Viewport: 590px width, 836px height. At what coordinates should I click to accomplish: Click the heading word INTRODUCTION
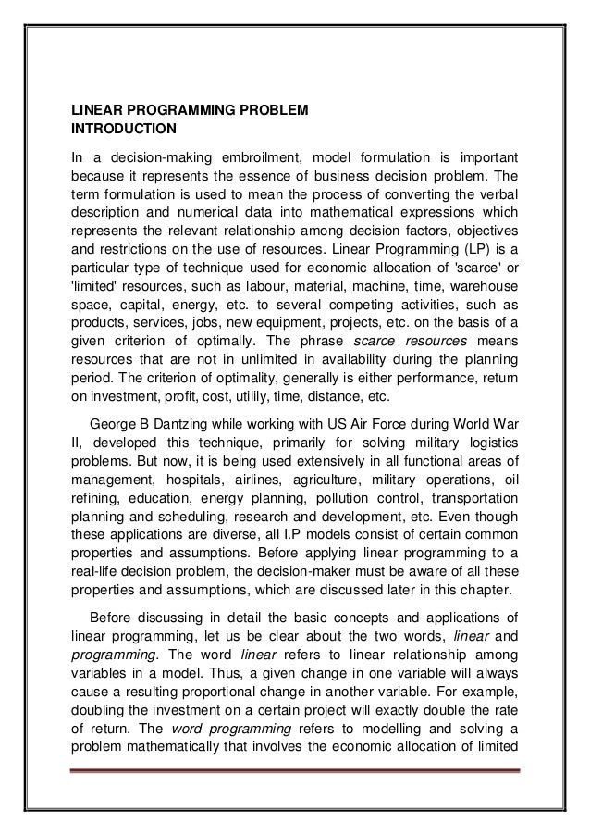(124, 128)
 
